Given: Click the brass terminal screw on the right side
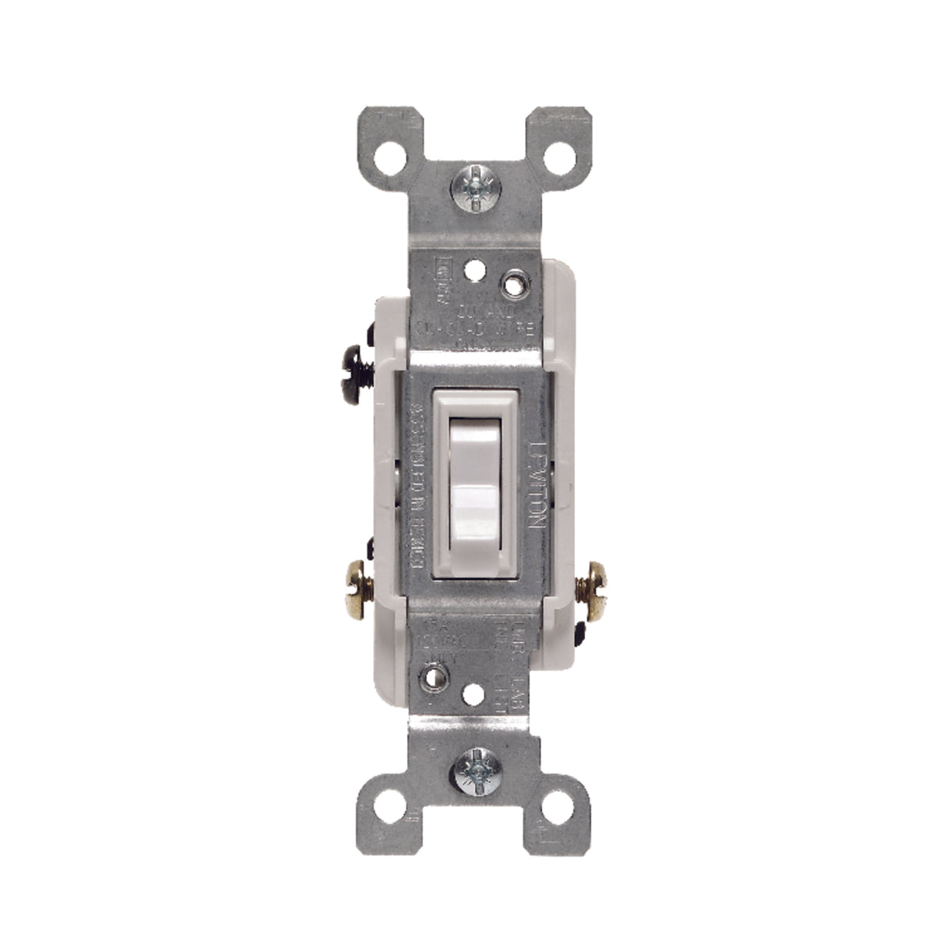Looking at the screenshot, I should click(x=592, y=578).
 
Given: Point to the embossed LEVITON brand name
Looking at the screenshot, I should click(x=537, y=484).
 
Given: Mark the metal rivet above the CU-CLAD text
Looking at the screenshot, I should click(x=511, y=284).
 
